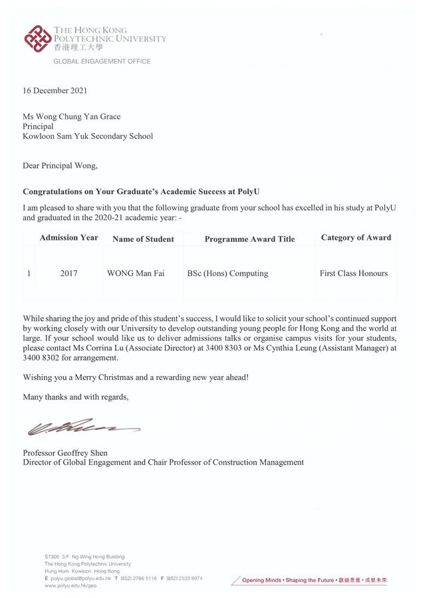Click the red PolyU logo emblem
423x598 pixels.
click(37, 39)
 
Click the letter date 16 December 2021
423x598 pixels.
click(55, 91)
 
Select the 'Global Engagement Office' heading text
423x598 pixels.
click(102, 61)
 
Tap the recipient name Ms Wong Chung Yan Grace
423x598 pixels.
click(72, 117)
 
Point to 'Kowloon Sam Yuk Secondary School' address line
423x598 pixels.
click(88, 136)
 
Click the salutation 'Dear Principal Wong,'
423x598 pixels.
click(60, 165)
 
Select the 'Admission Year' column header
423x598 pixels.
click(69, 238)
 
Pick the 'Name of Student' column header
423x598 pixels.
click(143, 239)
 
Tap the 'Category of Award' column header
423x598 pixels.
click(356, 238)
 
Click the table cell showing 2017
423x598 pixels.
click(69, 273)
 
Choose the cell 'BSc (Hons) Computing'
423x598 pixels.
click(227, 273)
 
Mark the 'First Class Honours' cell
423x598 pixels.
click(353, 273)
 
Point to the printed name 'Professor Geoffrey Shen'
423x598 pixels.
click(65, 453)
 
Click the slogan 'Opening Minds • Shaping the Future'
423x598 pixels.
click(287, 580)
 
